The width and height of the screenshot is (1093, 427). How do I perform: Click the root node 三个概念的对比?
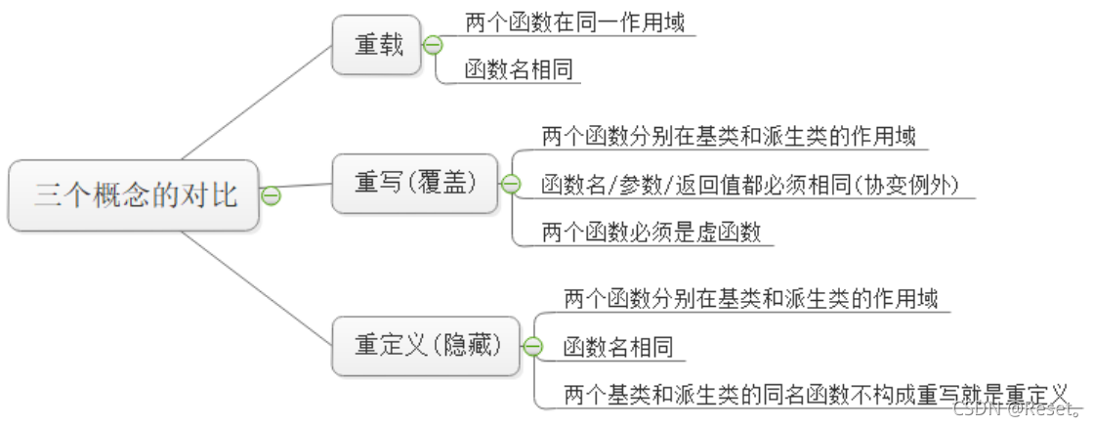click(135, 195)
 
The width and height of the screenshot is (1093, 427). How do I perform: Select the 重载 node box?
click(379, 45)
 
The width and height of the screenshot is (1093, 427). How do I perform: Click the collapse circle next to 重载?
click(433, 45)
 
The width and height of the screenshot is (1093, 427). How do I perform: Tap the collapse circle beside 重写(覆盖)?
click(510, 184)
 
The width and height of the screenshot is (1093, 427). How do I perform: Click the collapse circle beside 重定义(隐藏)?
click(533, 346)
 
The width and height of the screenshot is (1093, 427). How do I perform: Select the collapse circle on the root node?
click(272, 195)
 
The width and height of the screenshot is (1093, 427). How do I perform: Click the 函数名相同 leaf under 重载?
click(518, 70)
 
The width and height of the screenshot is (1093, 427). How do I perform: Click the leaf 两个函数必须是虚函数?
click(651, 233)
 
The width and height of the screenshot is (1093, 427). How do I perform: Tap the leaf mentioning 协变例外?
click(749, 185)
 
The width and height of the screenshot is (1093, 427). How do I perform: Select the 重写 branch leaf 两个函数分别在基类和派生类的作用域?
click(729, 136)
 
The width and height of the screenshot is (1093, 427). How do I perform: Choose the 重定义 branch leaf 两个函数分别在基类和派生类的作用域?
click(751, 298)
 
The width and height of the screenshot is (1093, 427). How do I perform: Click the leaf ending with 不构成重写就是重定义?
click(817, 395)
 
